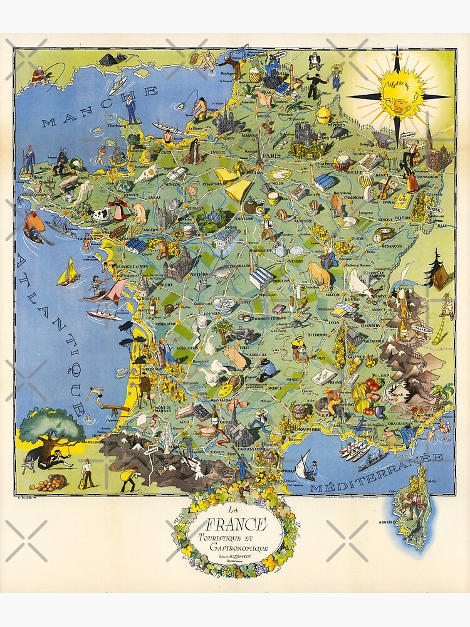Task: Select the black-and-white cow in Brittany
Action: (101, 216)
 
